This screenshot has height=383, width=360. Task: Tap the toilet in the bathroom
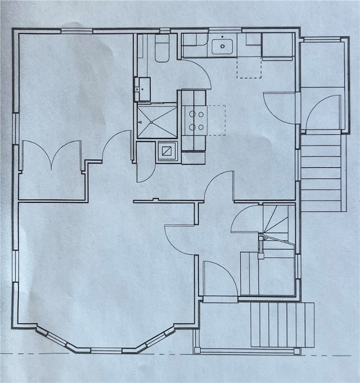tap(162, 49)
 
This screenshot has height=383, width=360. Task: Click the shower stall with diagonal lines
tap(157, 121)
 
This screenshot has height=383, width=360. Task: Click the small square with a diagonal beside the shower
tap(167, 150)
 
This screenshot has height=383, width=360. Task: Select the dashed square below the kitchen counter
tap(249, 67)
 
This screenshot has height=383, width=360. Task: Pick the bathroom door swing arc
tap(197, 72)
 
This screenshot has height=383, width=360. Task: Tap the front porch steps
tap(282, 325)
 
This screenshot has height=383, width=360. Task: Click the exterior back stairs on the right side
tap(322, 172)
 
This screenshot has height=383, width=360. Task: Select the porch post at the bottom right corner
tap(297, 351)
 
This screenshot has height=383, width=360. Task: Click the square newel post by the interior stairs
tap(261, 256)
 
